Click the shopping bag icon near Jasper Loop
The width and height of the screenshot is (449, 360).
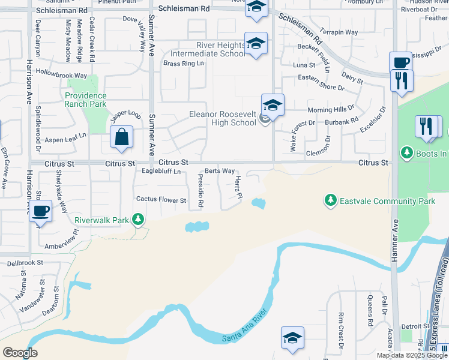coord(122,137)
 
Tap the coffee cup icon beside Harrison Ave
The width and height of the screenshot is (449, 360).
coord(41,211)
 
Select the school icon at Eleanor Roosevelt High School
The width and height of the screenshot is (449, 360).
coord(273,106)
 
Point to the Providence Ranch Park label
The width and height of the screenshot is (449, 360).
coord(86,100)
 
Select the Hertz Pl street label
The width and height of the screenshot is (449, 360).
coord(238,188)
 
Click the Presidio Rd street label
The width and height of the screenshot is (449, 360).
coord(200,191)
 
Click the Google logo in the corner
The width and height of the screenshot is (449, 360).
coord(20,353)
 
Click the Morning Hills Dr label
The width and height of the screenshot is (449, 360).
coord(331,110)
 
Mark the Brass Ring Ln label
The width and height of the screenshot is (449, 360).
coord(184,64)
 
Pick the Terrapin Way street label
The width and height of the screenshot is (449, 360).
coord(339,32)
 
